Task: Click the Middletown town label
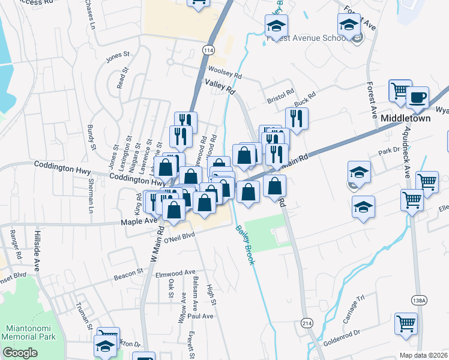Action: (x=405, y=119)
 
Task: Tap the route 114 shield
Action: (x=208, y=51)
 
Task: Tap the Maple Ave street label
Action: (x=139, y=221)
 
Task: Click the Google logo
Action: (x=20, y=353)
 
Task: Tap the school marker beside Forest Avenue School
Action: (x=348, y=25)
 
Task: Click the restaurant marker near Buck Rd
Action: (x=297, y=117)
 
